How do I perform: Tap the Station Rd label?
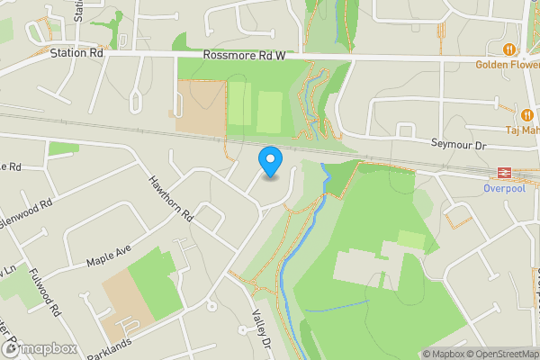(77, 54)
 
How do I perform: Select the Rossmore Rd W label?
(244, 56)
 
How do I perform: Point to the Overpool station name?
(502, 189)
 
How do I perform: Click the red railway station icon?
(501, 173)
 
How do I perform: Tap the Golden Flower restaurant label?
(507, 64)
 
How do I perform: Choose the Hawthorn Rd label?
(171, 198)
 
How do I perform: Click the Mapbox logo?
(38, 349)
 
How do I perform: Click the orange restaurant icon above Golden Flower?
(510, 49)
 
